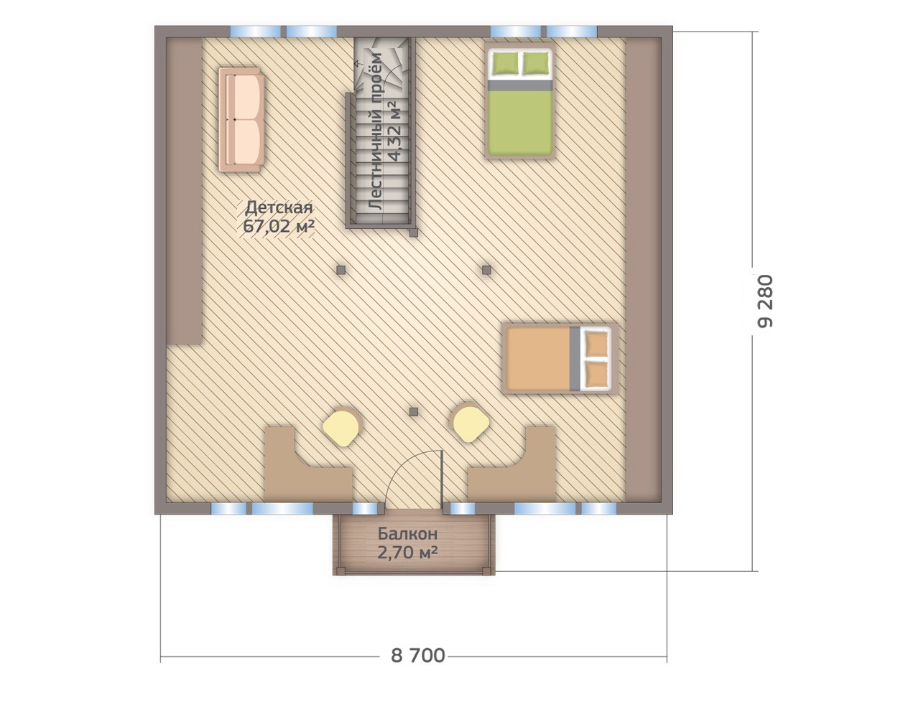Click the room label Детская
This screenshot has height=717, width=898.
(279, 207)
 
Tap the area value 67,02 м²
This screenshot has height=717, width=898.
(278, 226)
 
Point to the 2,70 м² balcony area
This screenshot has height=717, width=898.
(407, 553)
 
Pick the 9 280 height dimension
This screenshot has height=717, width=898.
(765, 301)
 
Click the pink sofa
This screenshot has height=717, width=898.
(241, 120)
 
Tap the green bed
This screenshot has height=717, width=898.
(520, 103)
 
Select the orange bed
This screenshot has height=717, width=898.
(559, 359)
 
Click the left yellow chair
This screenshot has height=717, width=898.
(341, 428)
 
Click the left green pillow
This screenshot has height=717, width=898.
(506, 64)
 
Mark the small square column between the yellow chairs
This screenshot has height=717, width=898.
(414, 412)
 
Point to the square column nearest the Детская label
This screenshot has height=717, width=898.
(341, 270)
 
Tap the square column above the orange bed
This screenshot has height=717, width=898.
(486, 270)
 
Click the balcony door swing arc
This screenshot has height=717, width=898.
(407, 468)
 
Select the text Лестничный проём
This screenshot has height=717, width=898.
(376, 131)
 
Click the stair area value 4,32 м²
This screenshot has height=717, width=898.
(394, 131)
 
